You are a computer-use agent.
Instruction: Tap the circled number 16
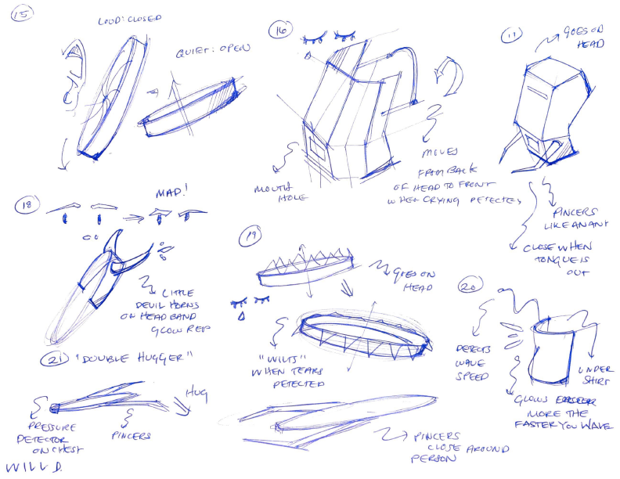(279, 31)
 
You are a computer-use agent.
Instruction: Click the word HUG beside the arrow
(195, 390)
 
